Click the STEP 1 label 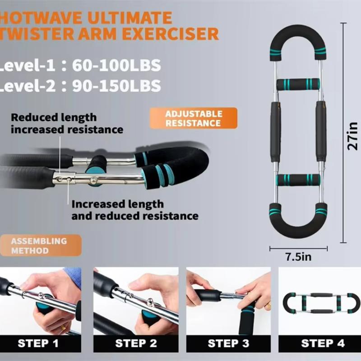click(38, 343)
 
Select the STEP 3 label click(228, 343)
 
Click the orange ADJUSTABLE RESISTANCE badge click(194, 118)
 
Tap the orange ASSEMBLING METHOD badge click(39, 245)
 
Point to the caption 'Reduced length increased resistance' click(67, 123)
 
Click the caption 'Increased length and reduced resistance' click(134, 210)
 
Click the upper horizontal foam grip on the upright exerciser click(298, 84)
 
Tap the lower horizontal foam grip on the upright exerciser click(298, 180)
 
